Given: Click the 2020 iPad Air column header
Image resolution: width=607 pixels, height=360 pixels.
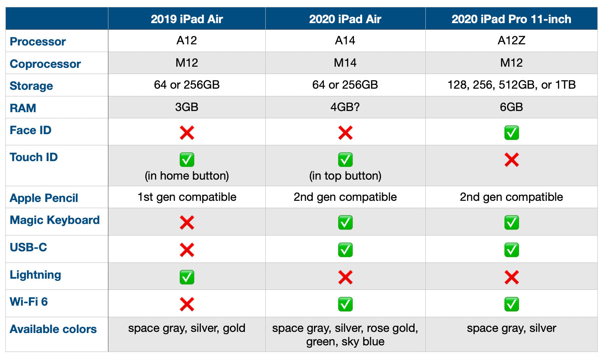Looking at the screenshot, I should tap(345, 19).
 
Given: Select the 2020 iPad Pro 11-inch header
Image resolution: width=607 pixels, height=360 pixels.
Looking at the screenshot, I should tap(511, 19).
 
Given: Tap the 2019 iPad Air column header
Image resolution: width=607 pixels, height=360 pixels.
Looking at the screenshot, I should tap(187, 19).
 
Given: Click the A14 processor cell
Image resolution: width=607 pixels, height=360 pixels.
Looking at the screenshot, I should tap(345, 40).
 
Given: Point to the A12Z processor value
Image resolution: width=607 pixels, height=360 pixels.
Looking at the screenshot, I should tap(511, 40).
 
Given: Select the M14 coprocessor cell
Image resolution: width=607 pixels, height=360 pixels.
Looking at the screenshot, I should tap(345, 63).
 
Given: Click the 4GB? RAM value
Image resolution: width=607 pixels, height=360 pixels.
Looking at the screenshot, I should tap(345, 107).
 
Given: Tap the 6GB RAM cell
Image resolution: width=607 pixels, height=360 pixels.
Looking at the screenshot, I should tap(511, 107).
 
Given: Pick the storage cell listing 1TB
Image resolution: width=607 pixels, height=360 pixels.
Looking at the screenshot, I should tap(511, 85).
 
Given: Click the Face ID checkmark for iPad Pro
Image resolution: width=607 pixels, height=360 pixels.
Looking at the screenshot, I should tap(511, 133).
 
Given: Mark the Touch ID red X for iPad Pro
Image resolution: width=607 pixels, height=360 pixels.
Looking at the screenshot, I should tap(511, 160).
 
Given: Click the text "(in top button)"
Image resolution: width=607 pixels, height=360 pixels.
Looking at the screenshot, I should tap(345, 176).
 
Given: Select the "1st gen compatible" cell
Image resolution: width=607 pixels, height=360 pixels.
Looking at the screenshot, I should tap(187, 197).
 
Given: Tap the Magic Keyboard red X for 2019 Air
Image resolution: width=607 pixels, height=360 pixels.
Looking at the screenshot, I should tap(187, 222).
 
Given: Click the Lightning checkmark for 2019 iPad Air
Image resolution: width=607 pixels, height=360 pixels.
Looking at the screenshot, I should tap(187, 277).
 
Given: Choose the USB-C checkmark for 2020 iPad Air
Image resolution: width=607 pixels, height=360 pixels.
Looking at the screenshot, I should tap(345, 250).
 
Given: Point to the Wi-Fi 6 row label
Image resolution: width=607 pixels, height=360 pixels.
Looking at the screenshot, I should tap(29, 302).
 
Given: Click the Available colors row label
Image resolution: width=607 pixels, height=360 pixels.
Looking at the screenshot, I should tap(53, 329).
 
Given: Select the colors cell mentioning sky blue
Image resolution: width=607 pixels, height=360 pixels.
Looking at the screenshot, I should tap(345, 335).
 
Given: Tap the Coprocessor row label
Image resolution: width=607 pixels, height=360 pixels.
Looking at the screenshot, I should tap(45, 64).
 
